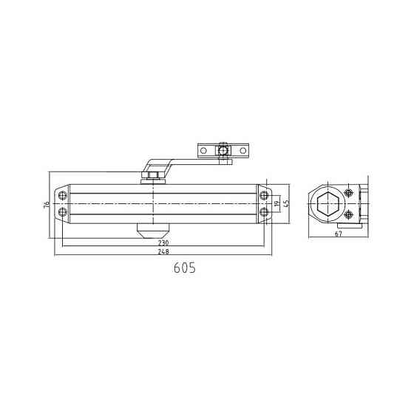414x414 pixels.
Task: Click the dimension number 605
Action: point(184,269)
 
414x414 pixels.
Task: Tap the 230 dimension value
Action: point(163,242)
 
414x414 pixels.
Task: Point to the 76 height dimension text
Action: point(46,204)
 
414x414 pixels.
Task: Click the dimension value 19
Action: point(276,204)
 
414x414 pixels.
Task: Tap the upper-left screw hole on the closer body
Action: point(64,196)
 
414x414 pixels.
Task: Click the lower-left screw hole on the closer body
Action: point(64,213)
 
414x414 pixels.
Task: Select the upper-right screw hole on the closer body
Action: point(262,196)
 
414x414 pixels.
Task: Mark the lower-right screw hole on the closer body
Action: point(262,213)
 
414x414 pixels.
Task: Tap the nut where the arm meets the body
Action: point(153,175)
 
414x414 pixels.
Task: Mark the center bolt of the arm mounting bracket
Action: point(222,151)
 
